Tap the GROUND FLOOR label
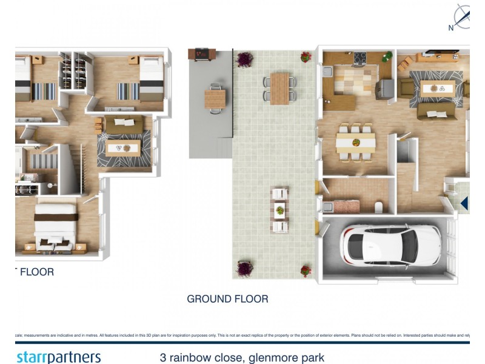(227, 298)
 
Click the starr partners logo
(58, 357)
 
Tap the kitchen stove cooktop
(360, 58)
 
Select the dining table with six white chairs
(356, 143)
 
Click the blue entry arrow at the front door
(464, 203)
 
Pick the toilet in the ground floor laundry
(378, 207)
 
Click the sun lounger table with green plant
(279, 211)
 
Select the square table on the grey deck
(215, 98)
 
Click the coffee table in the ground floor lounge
(434, 88)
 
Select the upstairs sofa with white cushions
(124, 124)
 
